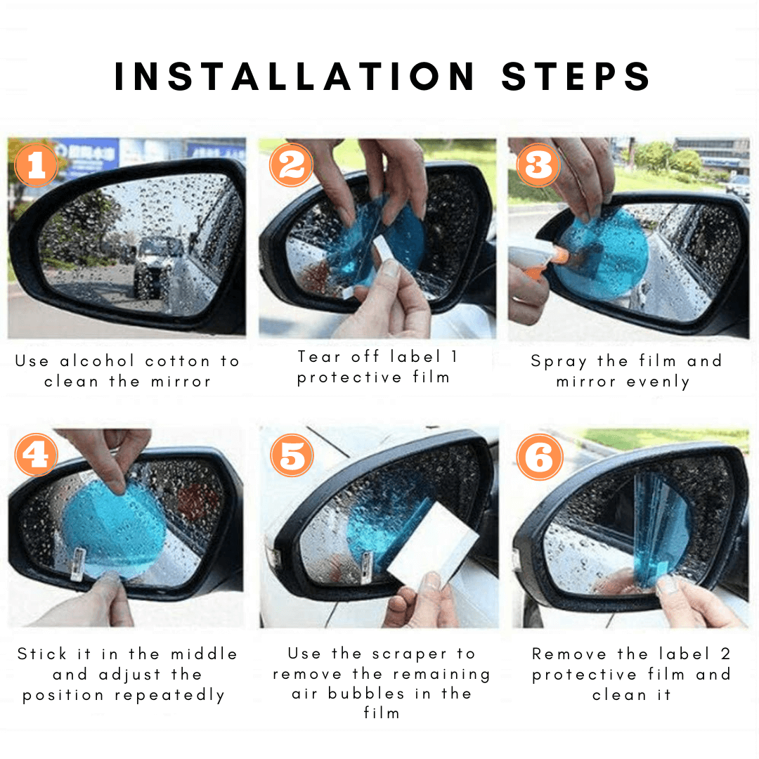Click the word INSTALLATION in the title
(294, 76)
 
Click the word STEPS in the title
(576, 76)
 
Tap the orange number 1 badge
(37, 164)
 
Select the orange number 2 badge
(292, 164)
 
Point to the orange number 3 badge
(538, 164)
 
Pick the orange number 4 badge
(37, 455)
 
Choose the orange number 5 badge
(292, 455)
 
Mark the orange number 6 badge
(540, 457)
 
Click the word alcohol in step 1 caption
(97, 361)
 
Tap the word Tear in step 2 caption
(320, 357)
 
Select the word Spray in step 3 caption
(559, 362)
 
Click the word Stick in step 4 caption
(41, 654)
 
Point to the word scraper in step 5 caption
(410, 654)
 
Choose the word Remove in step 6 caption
(569, 654)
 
